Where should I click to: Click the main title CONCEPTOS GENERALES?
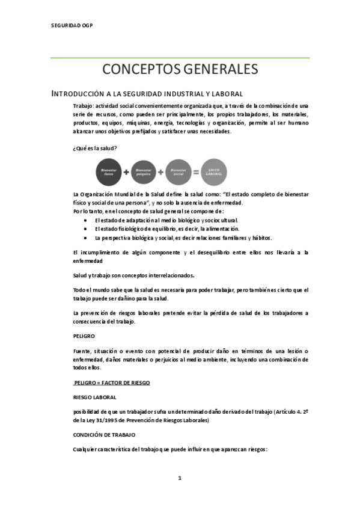(180, 69)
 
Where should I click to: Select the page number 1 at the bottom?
(179, 478)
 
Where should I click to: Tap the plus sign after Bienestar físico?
(126, 172)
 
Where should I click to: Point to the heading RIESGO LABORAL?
(94, 398)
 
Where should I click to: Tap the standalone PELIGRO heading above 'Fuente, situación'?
(84, 336)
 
